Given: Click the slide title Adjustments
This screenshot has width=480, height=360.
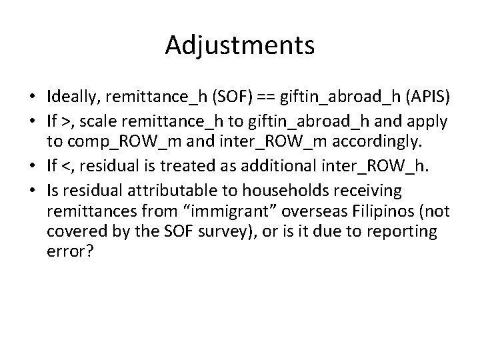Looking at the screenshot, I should click(240, 45).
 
